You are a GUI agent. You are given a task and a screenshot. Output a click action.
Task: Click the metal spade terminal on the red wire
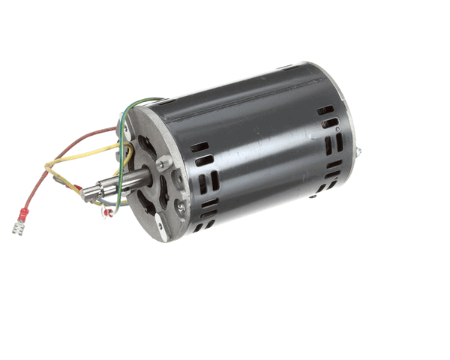pos(17,226)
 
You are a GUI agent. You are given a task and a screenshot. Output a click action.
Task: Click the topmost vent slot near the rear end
pos(325,110)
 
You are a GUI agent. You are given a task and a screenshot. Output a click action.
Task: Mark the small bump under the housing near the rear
pos(310,196)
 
